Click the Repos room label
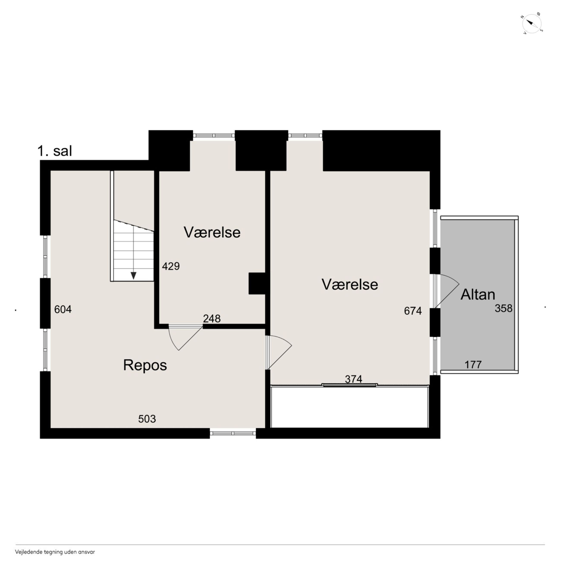click(145, 365)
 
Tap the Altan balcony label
click(478, 295)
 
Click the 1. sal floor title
click(55, 151)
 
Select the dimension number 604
click(63, 310)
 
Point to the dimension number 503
click(147, 419)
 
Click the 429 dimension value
click(171, 266)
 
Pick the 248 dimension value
click(212, 319)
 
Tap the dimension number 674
click(413, 311)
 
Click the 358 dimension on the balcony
click(504, 308)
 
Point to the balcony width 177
click(473, 364)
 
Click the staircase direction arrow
click(134, 276)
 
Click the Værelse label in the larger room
click(350, 285)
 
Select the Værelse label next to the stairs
click(212, 233)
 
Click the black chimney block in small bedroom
click(257, 283)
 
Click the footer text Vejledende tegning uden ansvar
click(55, 552)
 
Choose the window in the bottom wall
click(233, 433)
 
